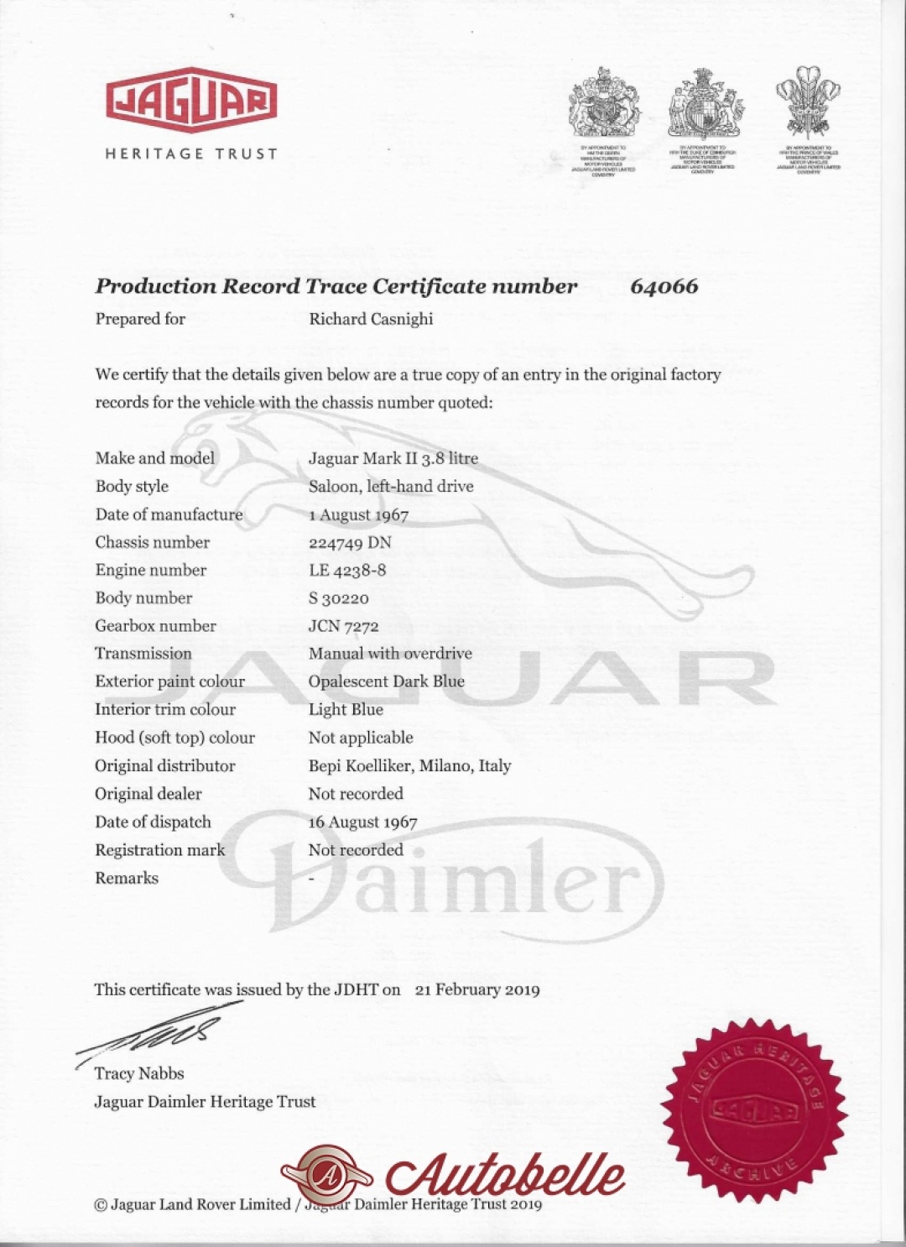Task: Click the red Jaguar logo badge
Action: (191, 100)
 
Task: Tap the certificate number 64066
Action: (664, 286)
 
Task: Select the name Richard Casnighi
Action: (371, 319)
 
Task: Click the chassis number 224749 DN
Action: (350, 542)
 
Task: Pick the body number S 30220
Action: (338, 598)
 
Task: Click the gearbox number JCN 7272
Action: (343, 626)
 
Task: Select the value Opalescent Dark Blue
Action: (386, 681)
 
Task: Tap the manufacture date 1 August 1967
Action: (358, 514)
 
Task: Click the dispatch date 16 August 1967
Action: (362, 822)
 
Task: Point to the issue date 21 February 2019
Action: (477, 989)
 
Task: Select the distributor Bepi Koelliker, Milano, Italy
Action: (409, 765)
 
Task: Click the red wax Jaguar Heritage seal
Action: (754, 1111)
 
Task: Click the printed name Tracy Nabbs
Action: (139, 1073)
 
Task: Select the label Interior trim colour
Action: (165, 709)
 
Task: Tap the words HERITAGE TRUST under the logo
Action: (191, 154)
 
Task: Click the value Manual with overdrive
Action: (390, 654)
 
